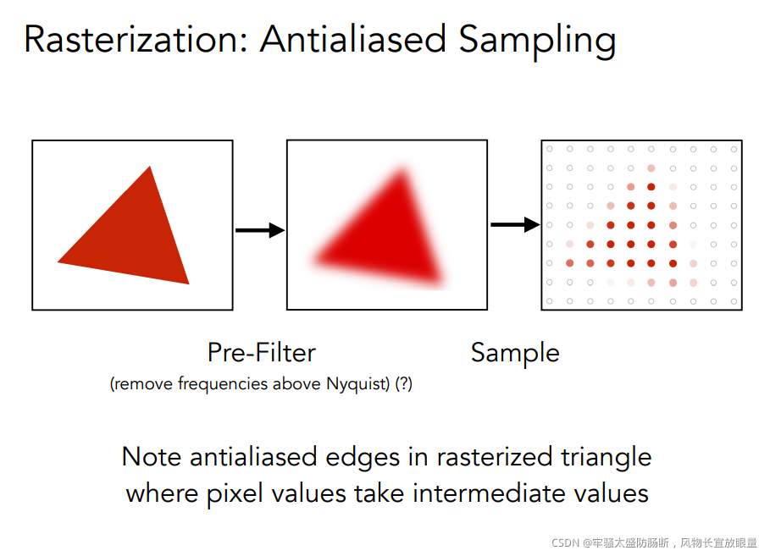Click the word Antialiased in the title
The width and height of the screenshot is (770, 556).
click(353, 40)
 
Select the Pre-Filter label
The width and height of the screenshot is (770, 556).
click(262, 352)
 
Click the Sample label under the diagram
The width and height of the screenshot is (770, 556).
click(515, 353)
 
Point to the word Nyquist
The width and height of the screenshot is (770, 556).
click(357, 384)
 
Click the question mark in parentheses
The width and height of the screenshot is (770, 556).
click(403, 384)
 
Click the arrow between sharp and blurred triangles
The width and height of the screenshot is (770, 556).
click(259, 229)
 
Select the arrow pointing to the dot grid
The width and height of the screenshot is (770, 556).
click(515, 224)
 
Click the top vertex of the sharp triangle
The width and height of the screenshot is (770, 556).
click(150, 167)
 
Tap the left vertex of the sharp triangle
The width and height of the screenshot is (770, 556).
click(58, 261)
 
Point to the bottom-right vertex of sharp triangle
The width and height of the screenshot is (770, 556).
click(188, 283)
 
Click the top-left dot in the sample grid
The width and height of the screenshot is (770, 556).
click(549, 149)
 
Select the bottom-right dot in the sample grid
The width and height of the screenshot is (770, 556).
click(734, 300)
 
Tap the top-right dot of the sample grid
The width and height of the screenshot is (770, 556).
click(734, 149)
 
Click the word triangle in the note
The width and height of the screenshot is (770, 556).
click(607, 457)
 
